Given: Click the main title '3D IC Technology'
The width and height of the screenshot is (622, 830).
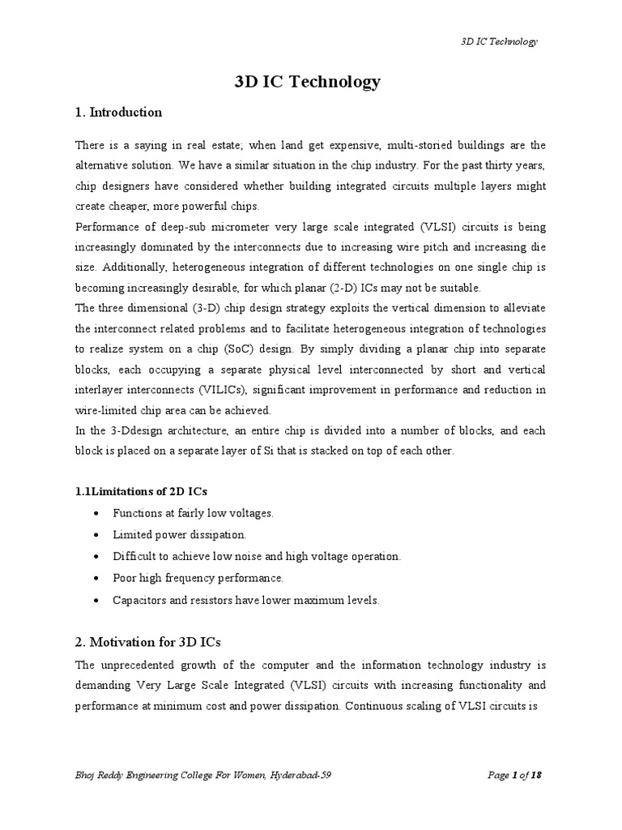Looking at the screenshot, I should [x=306, y=82].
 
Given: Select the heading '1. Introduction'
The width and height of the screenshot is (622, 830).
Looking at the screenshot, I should [x=118, y=113].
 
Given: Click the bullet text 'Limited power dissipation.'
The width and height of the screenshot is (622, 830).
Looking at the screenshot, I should [x=180, y=535].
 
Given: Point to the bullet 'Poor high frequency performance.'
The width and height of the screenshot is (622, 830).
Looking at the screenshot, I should [x=198, y=578].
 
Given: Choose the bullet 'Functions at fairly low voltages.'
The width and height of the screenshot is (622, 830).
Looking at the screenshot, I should [x=194, y=513].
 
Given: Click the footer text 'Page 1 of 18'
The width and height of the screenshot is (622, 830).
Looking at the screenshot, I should [x=514, y=776].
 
